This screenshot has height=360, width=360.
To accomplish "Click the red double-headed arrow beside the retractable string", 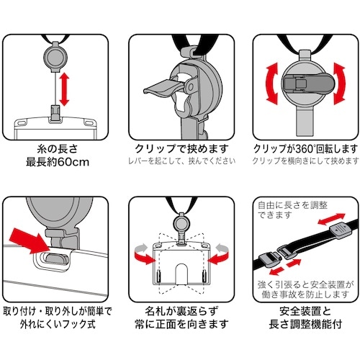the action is point(64,89).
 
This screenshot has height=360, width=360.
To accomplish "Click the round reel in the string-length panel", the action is point(55,58).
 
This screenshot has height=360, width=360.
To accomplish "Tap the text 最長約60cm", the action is point(58,162).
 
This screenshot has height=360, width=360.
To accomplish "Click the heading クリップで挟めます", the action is point(181,149).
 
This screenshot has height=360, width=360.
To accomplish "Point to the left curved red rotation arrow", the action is point(272,84).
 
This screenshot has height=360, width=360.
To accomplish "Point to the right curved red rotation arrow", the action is point(340,84).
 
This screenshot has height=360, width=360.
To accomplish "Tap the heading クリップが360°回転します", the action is point(306,149).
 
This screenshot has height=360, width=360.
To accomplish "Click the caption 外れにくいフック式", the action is point(58,325).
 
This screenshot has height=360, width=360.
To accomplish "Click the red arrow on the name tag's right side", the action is point(218,255).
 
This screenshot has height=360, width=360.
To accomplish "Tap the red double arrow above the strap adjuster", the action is point(331,219).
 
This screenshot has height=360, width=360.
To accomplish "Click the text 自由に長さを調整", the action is point(293,205).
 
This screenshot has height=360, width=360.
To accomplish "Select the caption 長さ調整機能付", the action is point(305,325).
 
